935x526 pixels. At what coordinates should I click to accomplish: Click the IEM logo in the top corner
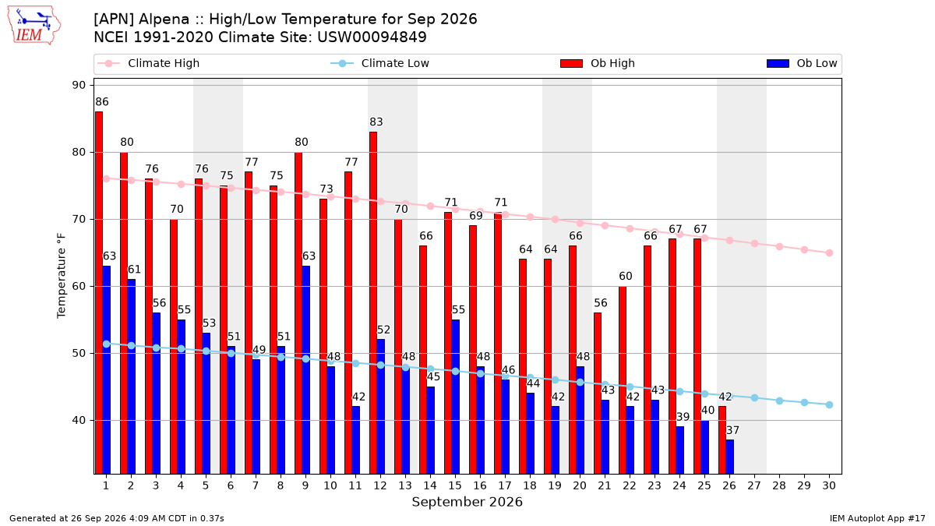point(34,26)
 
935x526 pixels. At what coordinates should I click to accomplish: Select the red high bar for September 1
point(99,293)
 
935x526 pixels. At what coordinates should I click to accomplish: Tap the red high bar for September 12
point(373,303)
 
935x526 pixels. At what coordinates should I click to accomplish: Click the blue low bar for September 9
point(306,370)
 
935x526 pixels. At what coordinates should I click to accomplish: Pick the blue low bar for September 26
point(729,457)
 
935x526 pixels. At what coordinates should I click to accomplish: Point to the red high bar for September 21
point(598,394)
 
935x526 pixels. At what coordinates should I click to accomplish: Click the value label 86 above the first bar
point(102,102)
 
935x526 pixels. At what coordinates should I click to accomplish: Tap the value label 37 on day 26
point(733,430)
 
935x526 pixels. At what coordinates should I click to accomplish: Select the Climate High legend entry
point(149,63)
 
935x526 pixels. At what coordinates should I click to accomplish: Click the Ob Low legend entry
point(802,63)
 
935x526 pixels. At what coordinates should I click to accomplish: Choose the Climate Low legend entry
point(380,63)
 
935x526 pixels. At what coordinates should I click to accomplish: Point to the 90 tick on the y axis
point(79,85)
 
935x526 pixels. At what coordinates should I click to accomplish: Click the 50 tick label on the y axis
point(79,353)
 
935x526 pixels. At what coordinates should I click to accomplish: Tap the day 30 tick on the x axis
point(829,485)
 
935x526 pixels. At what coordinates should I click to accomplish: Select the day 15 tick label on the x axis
point(455,485)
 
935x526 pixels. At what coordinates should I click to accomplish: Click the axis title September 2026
point(467,502)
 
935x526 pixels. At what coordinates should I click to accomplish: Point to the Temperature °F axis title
point(62,276)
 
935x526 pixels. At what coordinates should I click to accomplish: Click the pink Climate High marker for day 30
point(829,253)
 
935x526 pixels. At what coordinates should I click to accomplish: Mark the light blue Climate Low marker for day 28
point(779,401)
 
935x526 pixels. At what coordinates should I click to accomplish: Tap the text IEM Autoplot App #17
point(877,518)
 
